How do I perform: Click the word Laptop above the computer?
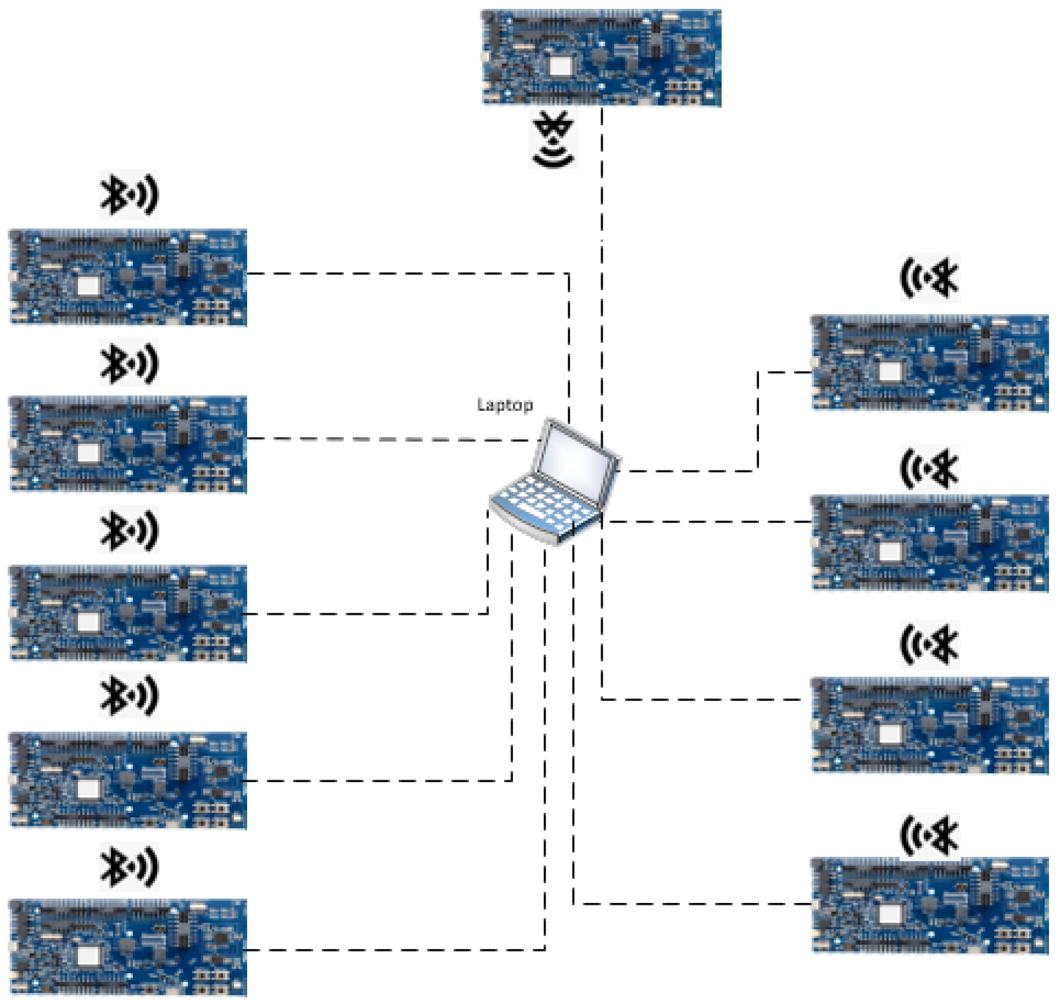505,405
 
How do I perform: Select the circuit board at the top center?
601,58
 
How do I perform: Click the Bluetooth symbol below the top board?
554,139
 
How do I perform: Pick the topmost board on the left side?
128,277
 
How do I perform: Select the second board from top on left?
128,444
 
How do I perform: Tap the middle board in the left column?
128,613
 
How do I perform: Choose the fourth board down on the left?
128,780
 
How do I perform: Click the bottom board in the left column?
128,948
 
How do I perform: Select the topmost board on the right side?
930,363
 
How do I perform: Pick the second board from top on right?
930,543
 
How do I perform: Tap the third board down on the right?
930,725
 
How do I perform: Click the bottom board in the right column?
930,906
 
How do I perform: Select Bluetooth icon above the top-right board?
930,277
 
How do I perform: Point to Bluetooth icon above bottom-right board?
930,835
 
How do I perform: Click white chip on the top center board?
559,66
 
